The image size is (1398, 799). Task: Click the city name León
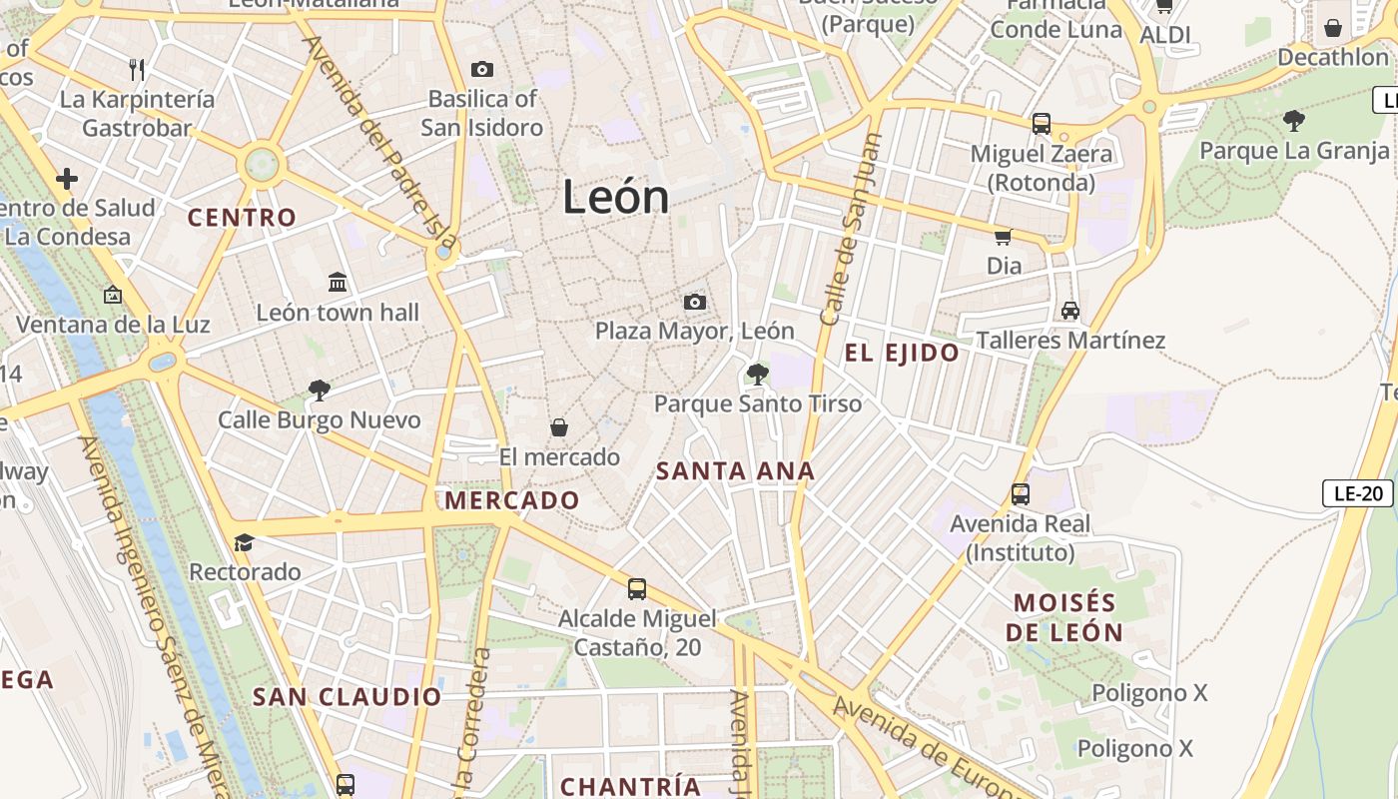(615, 197)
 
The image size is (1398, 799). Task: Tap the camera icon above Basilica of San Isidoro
(482, 69)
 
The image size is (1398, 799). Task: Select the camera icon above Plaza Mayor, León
(695, 302)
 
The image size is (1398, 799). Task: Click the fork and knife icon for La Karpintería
(138, 69)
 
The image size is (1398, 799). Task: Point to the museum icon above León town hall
(338, 283)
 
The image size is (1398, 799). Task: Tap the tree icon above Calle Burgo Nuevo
(320, 390)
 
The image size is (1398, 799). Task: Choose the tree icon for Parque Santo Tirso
(758, 375)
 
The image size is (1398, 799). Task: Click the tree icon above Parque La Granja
(1294, 121)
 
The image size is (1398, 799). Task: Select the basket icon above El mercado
(559, 427)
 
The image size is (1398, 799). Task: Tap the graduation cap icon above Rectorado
(245, 542)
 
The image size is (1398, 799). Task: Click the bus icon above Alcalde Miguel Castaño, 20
(637, 589)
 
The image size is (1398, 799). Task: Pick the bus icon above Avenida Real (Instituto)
(1021, 493)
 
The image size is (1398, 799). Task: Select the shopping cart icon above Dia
(1004, 237)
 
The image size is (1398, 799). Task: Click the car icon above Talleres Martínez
(1070, 311)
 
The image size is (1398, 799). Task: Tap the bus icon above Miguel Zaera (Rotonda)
(1042, 124)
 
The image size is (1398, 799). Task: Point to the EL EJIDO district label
(902, 353)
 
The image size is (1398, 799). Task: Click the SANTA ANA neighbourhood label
(735, 471)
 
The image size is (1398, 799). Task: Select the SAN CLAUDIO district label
(347, 697)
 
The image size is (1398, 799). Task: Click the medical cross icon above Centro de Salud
(67, 179)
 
